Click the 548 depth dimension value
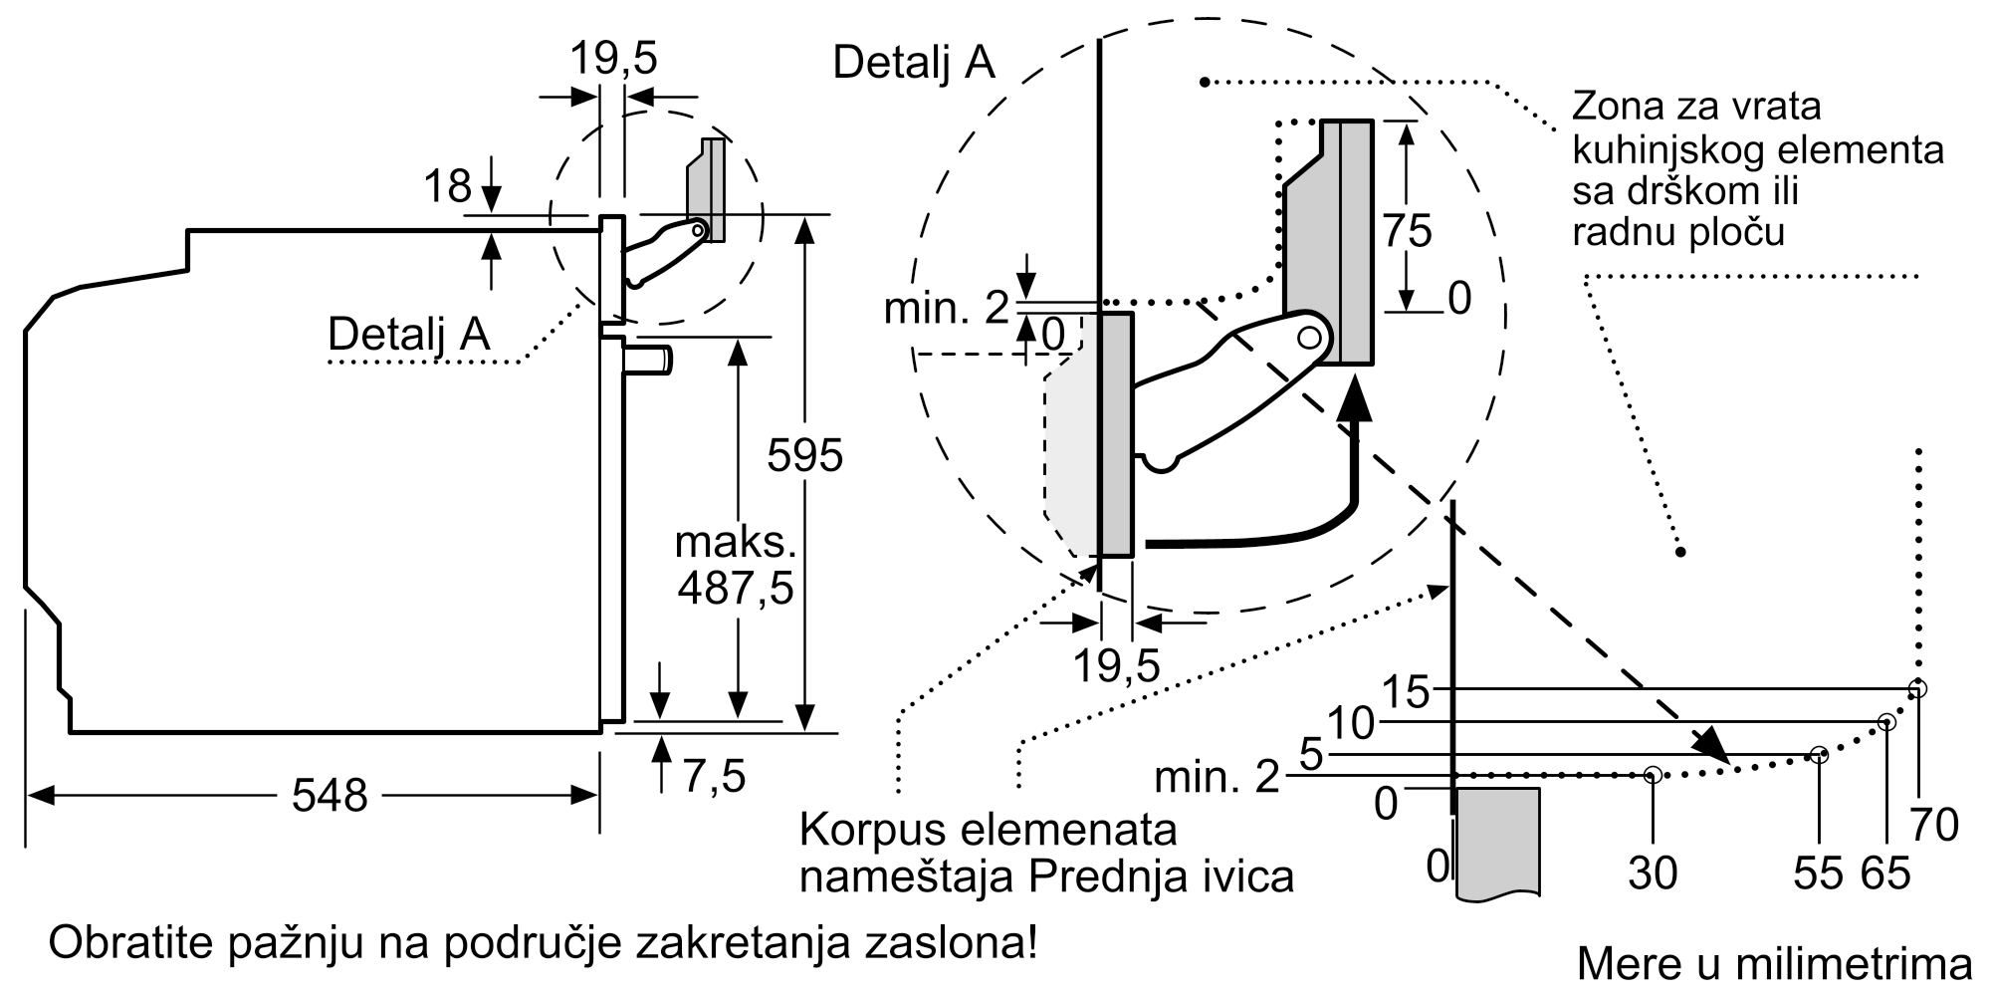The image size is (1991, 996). click(x=330, y=796)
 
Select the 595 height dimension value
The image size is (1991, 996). click(x=804, y=456)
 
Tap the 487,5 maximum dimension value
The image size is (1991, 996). click(x=736, y=589)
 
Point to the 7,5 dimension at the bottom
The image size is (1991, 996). click(x=714, y=777)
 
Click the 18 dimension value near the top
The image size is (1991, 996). click(x=447, y=186)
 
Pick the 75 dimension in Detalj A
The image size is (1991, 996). click(x=1408, y=231)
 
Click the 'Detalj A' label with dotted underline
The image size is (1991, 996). click(x=409, y=334)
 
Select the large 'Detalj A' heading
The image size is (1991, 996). click(x=914, y=62)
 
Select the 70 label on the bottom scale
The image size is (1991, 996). click(x=1934, y=825)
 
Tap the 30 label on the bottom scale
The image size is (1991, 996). click(x=1653, y=873)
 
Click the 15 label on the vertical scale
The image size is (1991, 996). click(x=1406, y=691)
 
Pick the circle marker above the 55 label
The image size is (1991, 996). click(x=1819, y=755)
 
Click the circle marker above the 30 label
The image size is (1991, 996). click(x=1653, y=774)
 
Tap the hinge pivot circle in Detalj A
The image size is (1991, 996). click(x=1310, y=338)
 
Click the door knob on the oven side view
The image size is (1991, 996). click(x=649, y=359)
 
